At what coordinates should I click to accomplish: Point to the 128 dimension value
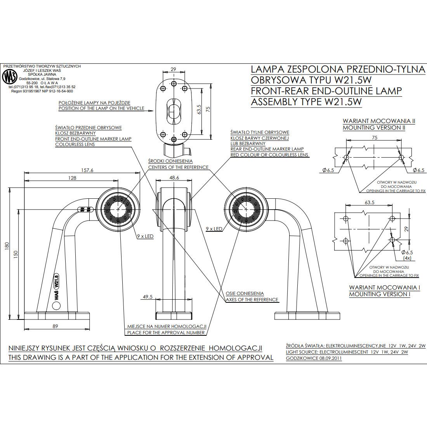click(x=72, y=178)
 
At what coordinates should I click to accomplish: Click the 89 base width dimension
click(x=55, y=326)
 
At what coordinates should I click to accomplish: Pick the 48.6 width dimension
click(x=175, y=177)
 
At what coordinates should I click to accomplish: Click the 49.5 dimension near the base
click(x=148, y=297)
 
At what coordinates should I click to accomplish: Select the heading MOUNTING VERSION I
click(x=380, y=294)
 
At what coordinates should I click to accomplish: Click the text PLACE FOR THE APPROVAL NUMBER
click(x=166, y=333)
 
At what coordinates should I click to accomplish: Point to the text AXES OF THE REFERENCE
click(x=252, y=299)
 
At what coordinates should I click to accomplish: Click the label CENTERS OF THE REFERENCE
click(x=178, y=167)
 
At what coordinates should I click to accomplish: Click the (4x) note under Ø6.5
click(x=408, y=258)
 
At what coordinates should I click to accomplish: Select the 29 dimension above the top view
click(x=174, y=69)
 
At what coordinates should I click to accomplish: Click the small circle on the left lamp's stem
click(x=57, y=306)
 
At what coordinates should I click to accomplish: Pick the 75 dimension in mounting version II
click(x=374, y=137)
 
